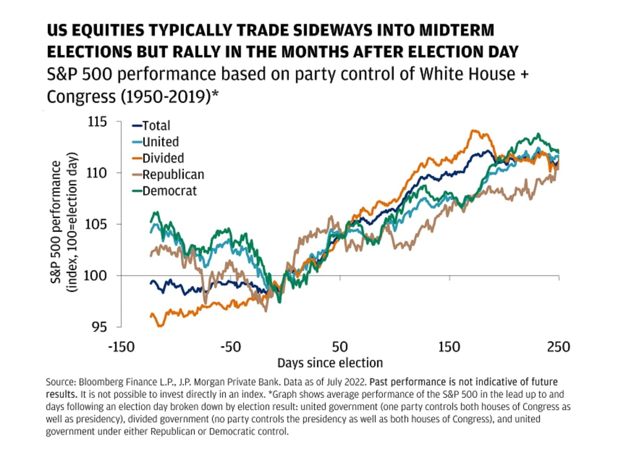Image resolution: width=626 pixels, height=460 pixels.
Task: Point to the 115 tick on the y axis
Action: pos(97,122)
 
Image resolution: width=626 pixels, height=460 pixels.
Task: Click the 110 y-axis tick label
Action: pos(97,173)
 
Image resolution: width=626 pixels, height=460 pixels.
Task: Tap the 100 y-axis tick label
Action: pos(96,276)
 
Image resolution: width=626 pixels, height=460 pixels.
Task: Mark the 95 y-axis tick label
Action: pos(99,327)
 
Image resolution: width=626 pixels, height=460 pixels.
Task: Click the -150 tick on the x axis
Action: pos(121,347)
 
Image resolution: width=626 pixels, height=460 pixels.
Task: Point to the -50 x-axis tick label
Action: pos(230,347)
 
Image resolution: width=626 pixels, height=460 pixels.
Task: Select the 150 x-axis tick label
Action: pos(449,347)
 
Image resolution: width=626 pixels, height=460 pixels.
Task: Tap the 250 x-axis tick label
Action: pos(558,347)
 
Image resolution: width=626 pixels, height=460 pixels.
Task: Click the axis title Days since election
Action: pos(330,363)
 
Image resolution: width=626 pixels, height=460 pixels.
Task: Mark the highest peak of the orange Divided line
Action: pos(473,130)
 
